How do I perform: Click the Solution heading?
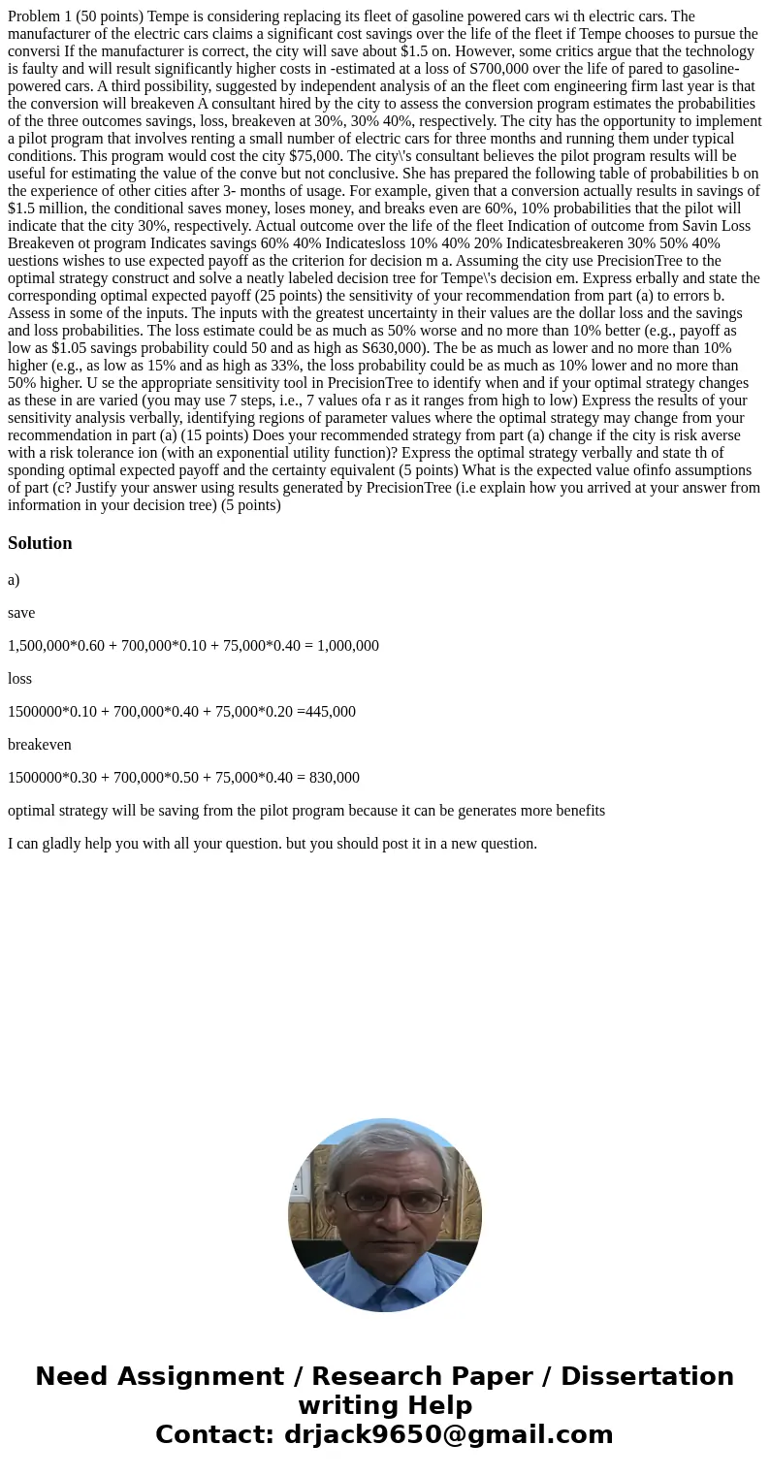[x=40, y=543]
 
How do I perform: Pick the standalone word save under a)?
[x=21, y=613]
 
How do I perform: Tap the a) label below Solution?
[x=14, y=580]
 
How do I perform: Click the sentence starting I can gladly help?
[x=273, y=844]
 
